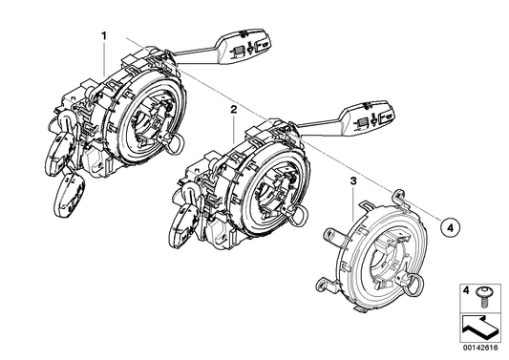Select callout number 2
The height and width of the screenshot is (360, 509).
pyautogui.click(x=232, y=111)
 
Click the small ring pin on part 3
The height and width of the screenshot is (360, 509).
pyautogui.click(x=417, y=285)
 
